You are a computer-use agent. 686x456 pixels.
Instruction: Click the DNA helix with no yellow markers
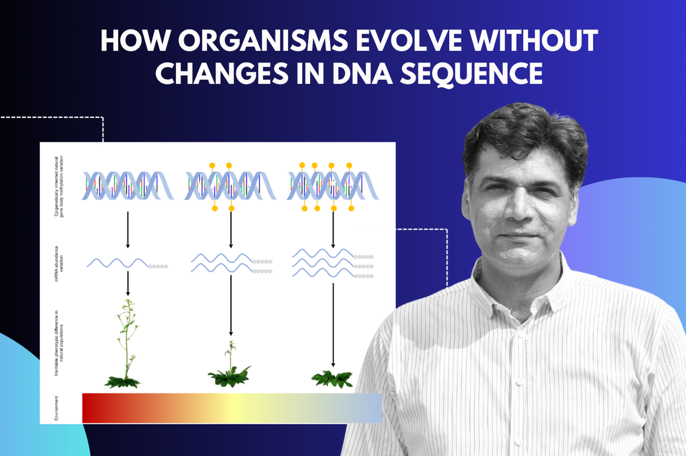[x=128, y=186]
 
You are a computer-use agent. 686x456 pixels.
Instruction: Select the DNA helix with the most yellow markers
[x=332, y=186]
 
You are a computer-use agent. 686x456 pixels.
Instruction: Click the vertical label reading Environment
[x=57, y=408]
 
